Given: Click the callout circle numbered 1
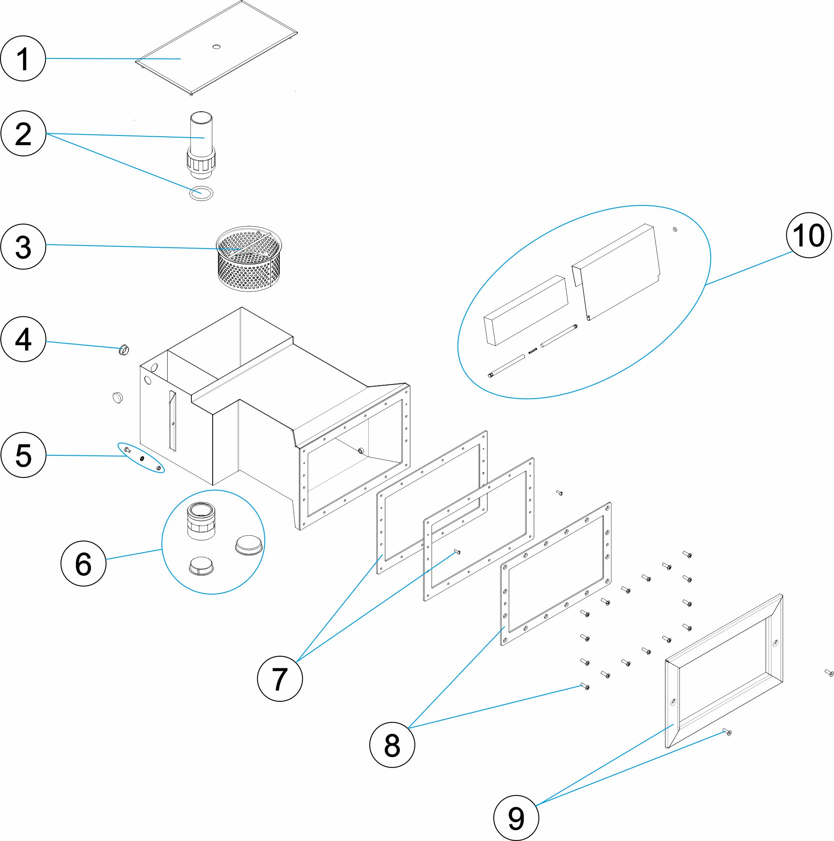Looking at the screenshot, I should pyautogui.click(x=23, y=58).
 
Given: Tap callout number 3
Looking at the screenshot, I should pyautogui.click(x=23, y=246).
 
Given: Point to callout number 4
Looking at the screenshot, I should pyautogui.click(x=23, y=339).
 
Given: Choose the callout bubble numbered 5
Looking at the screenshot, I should pyautogui.click(x=23, y=455).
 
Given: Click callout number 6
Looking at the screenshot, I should pyautogui.click(x=83, y=563).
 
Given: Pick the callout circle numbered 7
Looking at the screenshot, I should pyautogui.click(x=279, y=679).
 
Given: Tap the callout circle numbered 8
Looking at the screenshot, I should pyautogui.click(x=392, y=745).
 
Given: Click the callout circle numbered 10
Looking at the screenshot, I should pyautogui.click(x=808, y=235).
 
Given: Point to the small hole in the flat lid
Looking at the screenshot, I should pyautogui.click(x=216, y=46).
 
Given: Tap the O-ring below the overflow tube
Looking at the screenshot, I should pyautogui.click(x=201, y=192).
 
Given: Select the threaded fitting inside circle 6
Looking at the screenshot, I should pyautogui.click(x=201, y=521).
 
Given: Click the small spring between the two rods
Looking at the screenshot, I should pyautogui.click(x=533, y=350).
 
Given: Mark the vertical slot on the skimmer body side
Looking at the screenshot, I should pyautogui.click(x=172, y=420).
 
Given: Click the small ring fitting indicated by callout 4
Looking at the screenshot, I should pyautogui.click(x=123, y=349).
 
